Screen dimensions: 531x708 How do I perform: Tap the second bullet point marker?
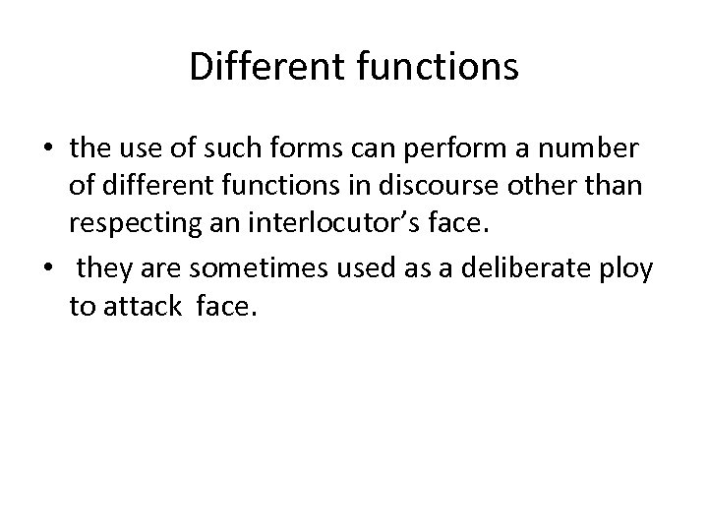[49, 265]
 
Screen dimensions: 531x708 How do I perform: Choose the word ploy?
[625, 266]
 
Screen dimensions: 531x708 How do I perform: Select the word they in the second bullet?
[101, 265]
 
